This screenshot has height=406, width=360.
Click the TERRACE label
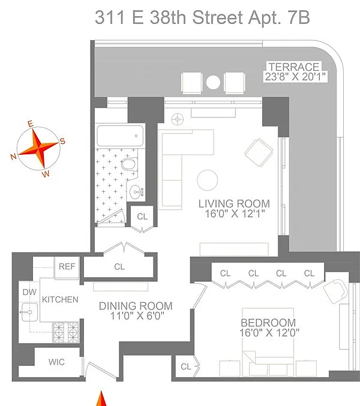coord(294,67)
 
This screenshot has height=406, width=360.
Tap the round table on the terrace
coord(213,82)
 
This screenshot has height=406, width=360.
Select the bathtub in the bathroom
coord(120,136)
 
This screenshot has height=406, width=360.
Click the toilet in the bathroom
coord(129,164)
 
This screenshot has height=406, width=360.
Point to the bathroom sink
coord(136,192)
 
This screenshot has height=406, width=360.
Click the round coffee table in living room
coord(207,181)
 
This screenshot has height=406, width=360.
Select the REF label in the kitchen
coord(67,266)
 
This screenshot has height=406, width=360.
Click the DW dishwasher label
coord(29,292)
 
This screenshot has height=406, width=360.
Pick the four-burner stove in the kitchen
coord(66,332)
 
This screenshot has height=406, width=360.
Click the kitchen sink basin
coord(29,312)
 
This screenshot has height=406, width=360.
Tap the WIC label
coord(56,362)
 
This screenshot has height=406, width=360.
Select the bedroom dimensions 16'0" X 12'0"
coord(269,333)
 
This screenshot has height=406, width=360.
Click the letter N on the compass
coord(13,157)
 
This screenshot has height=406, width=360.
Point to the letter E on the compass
coord(31,124)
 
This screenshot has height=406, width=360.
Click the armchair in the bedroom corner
coord(335,291)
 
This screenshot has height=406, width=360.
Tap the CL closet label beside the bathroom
coord(142,216)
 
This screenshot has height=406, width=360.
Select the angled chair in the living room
coord(259,152)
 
